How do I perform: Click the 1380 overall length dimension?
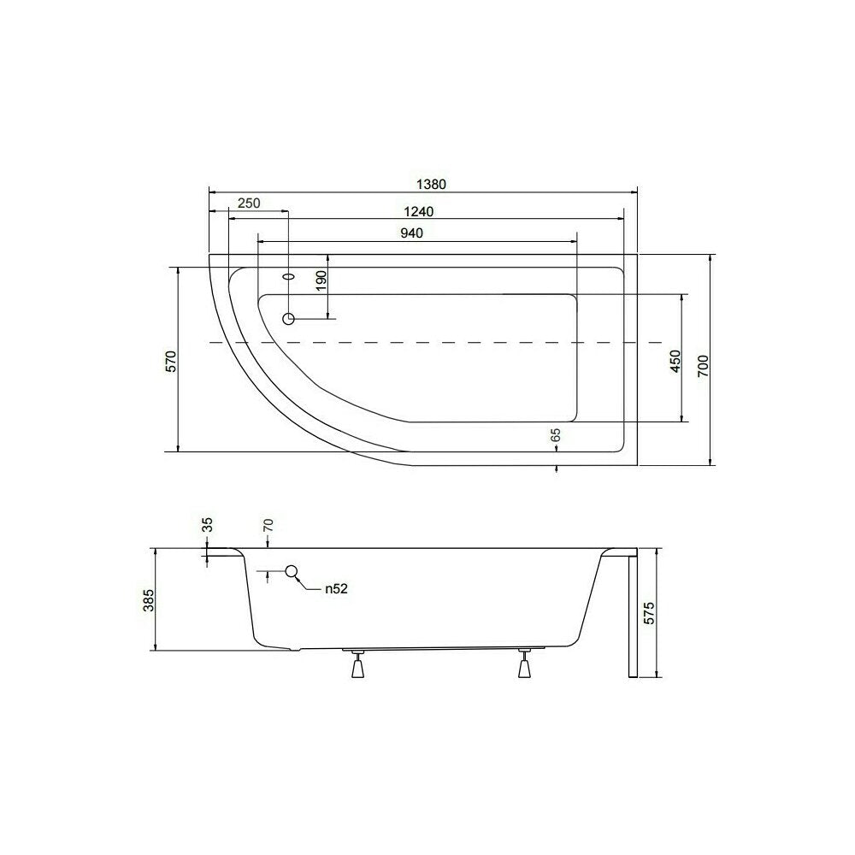(x=431, y=185)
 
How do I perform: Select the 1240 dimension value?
(x=419, y=211)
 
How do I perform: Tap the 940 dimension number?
(x=412, y=233)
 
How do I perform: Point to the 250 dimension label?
(x=249, y=203)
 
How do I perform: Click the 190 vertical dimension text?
(x=321, y=280)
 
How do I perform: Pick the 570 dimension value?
(x=172, y=362)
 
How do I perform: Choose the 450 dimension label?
(x=675, y=361)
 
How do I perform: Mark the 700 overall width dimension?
(x=703, y=366)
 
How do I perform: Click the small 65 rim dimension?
(x=556, y=435)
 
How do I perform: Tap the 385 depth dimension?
(x=149, y=600)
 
